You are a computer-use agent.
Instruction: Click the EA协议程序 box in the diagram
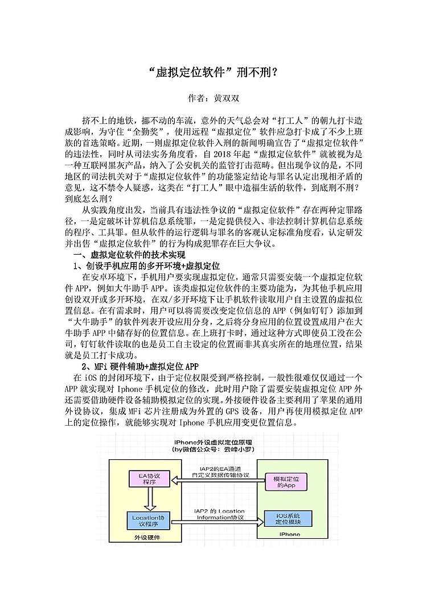[150, 479]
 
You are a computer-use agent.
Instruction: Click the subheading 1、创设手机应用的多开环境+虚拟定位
[147, 265]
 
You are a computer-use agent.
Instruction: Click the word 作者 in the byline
[196, 98]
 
